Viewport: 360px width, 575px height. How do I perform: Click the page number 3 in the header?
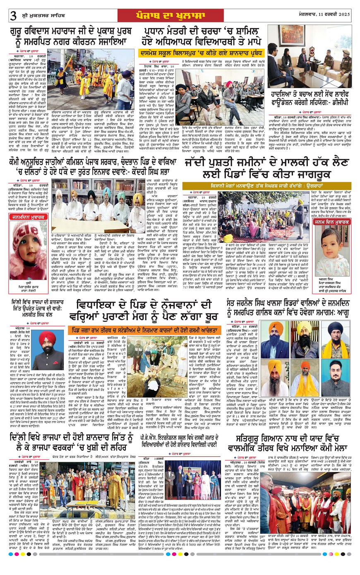pos(13,16)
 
